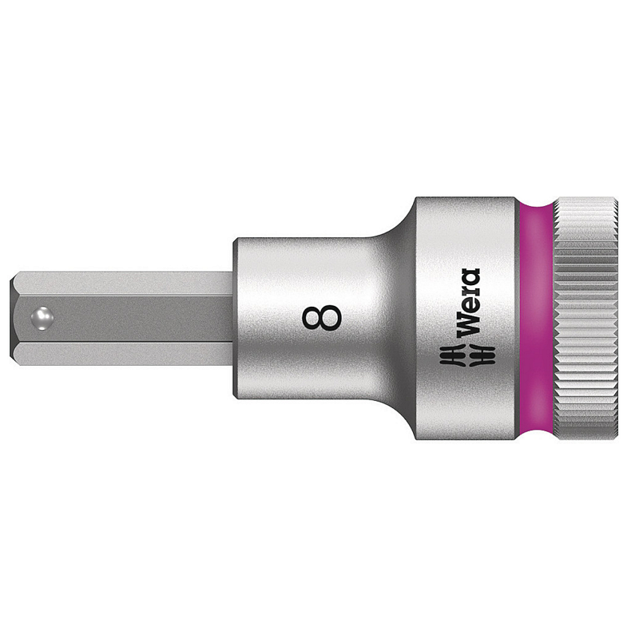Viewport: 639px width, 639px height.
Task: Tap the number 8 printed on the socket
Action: pos(322,317)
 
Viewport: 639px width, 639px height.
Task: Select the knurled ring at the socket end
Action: pos(585,318)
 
